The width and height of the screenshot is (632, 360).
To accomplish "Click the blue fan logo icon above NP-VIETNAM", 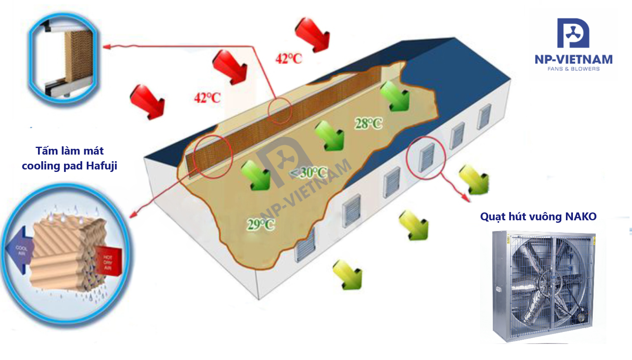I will (573, 33).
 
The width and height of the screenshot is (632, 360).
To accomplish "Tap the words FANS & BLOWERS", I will (573, 69).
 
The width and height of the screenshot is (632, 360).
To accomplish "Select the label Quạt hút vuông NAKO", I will (538, 217).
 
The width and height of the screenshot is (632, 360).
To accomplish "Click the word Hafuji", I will (102, 166).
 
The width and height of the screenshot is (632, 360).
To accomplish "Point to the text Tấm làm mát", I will (69, 151).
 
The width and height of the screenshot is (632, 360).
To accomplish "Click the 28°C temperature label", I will (368, 123).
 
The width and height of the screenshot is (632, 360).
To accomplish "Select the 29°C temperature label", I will (261, 224).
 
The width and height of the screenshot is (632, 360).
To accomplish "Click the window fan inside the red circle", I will (427, 157).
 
